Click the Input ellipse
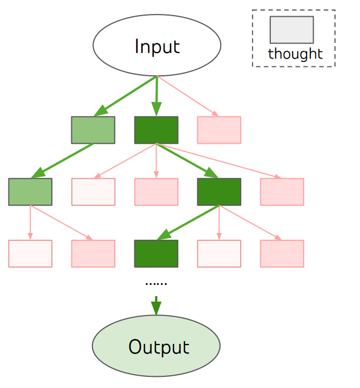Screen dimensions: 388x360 click(157, 45)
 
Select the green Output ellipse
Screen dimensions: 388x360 click(156, 346)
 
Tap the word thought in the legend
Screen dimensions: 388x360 click(295, 54)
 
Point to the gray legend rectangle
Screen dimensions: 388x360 click(291, 30)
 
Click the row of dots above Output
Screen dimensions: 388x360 click(156, 284)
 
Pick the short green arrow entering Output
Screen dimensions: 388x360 click(156, 305)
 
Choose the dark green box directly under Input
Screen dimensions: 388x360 click(156, 130)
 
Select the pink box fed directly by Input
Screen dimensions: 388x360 click(219, 130)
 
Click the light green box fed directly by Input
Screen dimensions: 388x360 click(93, 130)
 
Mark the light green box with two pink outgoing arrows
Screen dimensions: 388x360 click(30, 192)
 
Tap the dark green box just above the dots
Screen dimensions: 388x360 click(156, 254)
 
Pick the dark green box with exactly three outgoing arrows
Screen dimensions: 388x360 click(219, 192)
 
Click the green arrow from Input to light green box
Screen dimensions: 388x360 click(125, 96)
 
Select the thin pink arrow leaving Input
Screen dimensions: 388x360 click(187, 96)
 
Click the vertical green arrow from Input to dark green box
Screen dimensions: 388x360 click(157, 96)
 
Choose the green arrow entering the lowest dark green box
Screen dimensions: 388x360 click(188, 222)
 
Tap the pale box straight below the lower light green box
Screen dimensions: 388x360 click(30, 254)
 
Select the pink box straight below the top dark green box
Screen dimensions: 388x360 click(156, 192)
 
